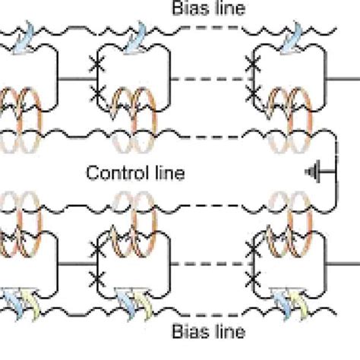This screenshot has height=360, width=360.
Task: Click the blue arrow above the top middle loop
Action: pyautogui.click(x=139, y=39)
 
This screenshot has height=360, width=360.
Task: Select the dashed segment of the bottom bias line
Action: pyautogui.click(x=204, y=311)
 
